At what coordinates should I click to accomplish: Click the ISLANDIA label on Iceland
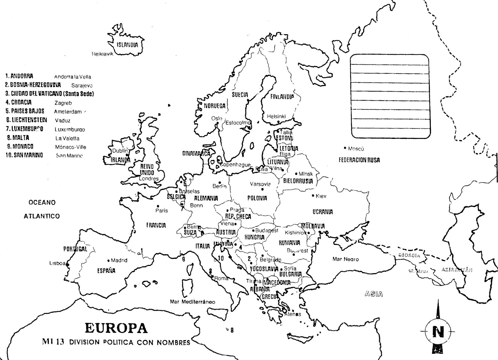127,45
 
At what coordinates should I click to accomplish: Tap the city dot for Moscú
345,148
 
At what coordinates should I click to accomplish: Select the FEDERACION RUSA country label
359,160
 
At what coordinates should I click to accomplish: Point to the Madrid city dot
108,260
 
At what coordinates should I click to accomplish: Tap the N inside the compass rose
439,332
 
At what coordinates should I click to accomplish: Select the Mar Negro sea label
345,259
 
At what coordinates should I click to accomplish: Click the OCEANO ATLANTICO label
42,209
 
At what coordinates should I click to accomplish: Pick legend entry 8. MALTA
18,138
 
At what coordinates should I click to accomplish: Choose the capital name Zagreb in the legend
63,103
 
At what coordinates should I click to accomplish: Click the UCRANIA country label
323,212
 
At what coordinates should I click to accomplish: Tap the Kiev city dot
313,196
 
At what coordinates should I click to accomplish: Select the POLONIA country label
257,198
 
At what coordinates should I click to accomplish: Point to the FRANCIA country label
156,225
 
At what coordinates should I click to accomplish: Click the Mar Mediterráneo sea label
192,302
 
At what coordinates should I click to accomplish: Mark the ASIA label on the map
374,294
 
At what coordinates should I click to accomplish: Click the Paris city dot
158,206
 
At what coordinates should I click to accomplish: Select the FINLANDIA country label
282,97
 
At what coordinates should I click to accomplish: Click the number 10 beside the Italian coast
221,258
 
